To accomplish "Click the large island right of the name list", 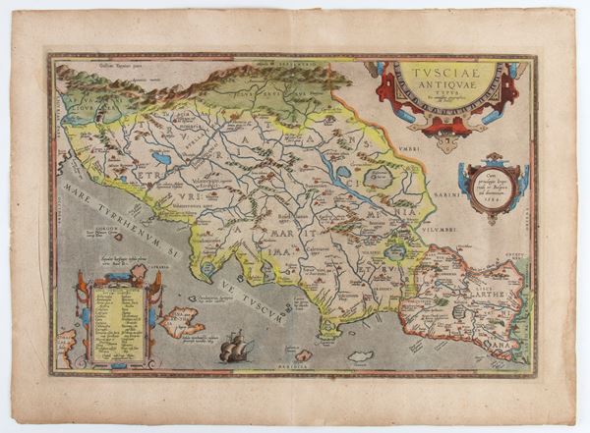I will (x=185, y=320).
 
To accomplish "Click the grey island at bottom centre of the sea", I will (x=361, y=355).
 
